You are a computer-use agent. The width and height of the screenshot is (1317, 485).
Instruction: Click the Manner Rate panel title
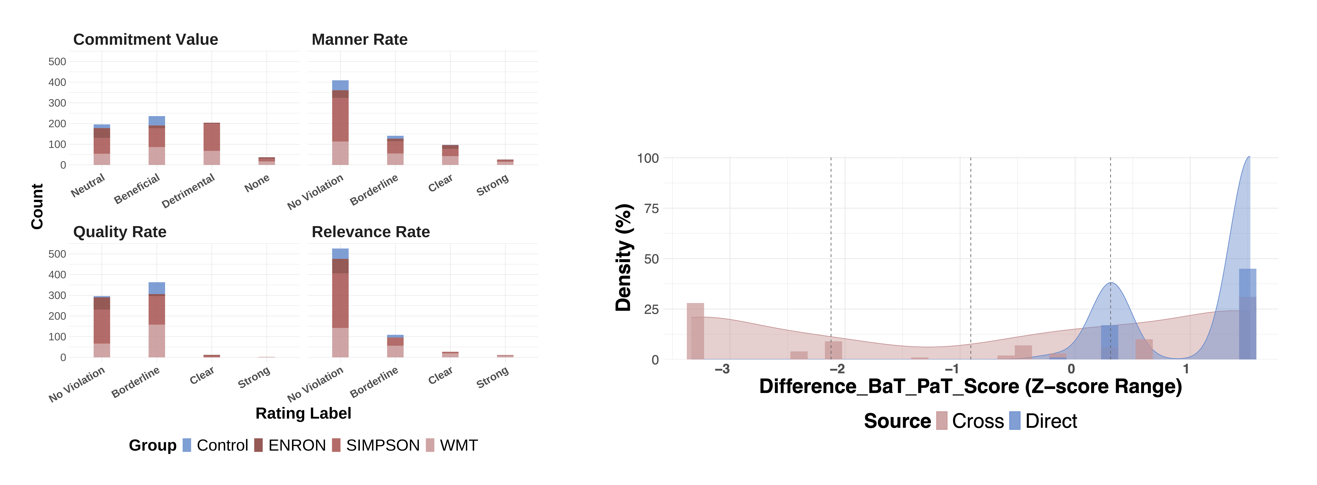pyautogui.click(x=359, y=39)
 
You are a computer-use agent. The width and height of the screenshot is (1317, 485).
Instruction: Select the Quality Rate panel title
pyautogui.click(x=120, y=232)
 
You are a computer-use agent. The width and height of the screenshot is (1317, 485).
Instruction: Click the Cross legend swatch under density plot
pyautogui.click(x=942, y=421)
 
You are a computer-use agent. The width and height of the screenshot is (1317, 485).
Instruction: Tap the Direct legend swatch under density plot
pyautogui.click(x=1015, y=421)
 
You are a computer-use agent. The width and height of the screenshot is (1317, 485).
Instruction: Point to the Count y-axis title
pyautogui.click(x=37, y=206)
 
